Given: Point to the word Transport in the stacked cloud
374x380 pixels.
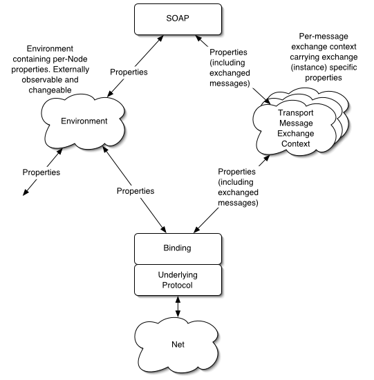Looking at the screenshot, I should pyautogui.click(x=295, y=113).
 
